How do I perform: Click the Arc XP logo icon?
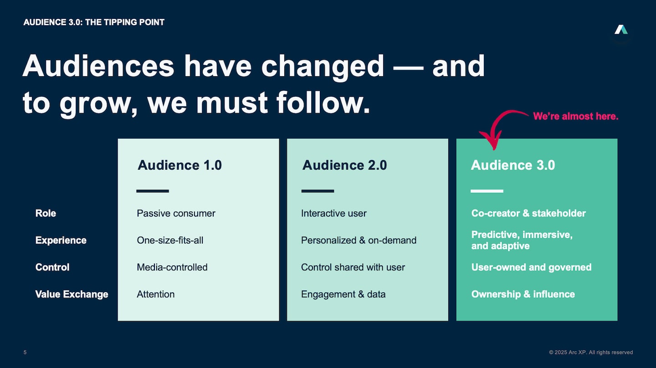pyautogui.click(x=621, y=31)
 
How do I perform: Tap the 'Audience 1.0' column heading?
pyautogui.click(x=179, y=165)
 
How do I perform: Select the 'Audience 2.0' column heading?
pyautogui.click(x=344, y=165)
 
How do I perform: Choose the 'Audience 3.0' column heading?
pyautogui.click(x=513, y=165)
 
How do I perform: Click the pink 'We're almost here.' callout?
pyautogui.click(x=575, y=116)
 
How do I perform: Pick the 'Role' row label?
pyautogui.click(x=46, y=213)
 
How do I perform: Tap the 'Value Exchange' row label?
pyautogui.click(x=72, y=294)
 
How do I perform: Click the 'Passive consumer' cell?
pyautogui.click(x=176, y=213)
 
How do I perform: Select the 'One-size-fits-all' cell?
pyautogui.click(x=170, y=240)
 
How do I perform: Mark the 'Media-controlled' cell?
pyautogui.click(x=172, y=267)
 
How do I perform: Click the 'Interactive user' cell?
pyautogui.click(x=333, y=213)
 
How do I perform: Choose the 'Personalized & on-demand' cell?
pyautogui.click(x=359, y=240)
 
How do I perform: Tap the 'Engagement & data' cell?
pyautogui.click(x=343, y=294)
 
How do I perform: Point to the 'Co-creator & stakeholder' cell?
pyautogui.click(x=528, y=213)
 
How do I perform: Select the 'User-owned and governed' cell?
pyautogui.click(x=531, y=267)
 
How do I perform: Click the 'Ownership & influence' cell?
pyautogui.click(x=523, y=294)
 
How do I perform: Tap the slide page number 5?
pyautogui.click(x=25, y=352)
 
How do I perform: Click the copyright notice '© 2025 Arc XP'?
pyautogui.click(x=590, y=352)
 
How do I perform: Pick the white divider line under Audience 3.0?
pyautogui.click(x=487, y=191)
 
